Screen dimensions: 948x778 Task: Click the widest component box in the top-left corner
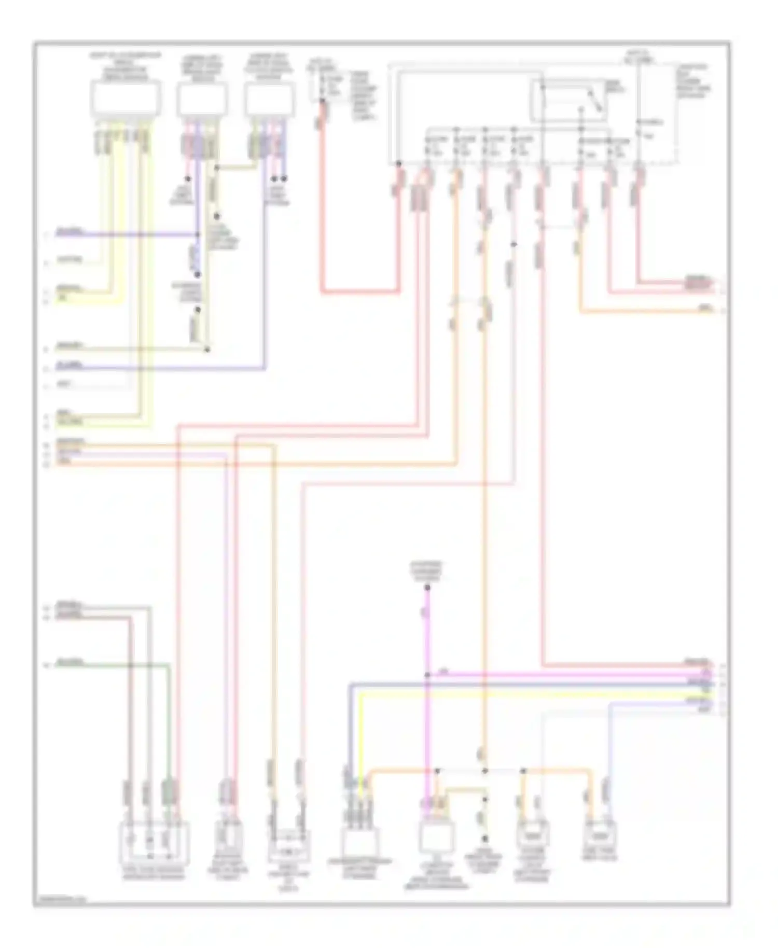126,98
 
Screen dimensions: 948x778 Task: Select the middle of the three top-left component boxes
202,100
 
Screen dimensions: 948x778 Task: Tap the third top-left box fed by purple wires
269,100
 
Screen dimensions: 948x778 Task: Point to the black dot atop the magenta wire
427,588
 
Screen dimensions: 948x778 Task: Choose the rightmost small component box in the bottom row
601,835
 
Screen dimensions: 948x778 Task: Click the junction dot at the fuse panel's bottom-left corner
398,163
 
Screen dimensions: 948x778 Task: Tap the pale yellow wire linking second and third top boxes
237,167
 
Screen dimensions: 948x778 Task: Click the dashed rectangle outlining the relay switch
568,101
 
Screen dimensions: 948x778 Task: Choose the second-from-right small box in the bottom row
533,835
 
